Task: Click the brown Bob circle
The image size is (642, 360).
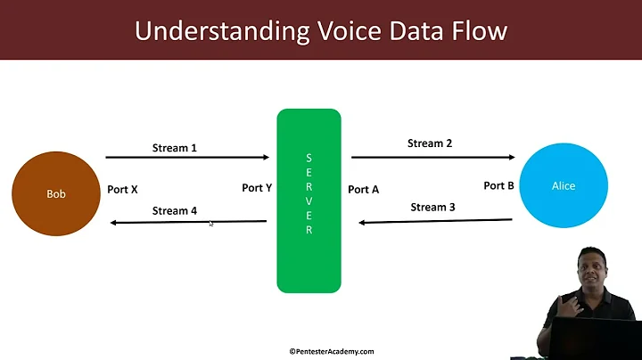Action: (x=56, y=193)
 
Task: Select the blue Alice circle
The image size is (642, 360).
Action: (x=563, y=185)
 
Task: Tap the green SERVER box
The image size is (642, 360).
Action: (x=309, y=200)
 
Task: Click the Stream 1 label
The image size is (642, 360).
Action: (x=175, y=148)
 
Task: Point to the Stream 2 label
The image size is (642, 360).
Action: (x=431, y=143)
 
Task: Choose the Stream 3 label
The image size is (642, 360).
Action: (x=433, y=207)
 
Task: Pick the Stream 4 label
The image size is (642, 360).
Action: (x=175, y=211)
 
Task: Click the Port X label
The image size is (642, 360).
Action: (x=122, y=189)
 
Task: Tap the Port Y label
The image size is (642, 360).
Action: (x=257, y=188)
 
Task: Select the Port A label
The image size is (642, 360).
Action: (x=364, y=189)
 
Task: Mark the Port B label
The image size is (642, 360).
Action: (x=498, y=185)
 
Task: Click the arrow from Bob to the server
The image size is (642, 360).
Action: (x=187, y=158)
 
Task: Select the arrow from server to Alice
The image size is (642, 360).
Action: (x=433, y=157)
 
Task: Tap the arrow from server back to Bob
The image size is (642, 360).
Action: (x=187, y=223)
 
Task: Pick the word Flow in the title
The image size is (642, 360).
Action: (x=478, y=31)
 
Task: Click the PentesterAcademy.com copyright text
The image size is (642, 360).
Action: (x=332, y=351)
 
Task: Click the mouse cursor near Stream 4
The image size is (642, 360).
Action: (x=210, y=224)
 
